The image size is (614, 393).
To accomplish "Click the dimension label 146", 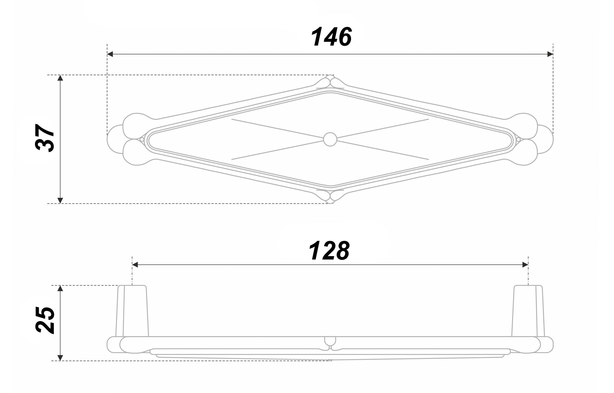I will coord(331,37).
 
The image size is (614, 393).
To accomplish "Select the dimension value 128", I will coord(329,251).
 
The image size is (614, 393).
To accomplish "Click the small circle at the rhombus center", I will coord(330,139).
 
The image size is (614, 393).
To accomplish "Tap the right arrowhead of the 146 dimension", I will coord(550,54).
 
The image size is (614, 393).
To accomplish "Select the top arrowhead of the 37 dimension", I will coord(60,78).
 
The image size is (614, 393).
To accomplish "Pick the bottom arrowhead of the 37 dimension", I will coord(60,200).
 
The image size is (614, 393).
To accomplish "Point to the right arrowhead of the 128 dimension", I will coord(525,265).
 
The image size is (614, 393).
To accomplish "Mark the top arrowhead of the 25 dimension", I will coord(60,288).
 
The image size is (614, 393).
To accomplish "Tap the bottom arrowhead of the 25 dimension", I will coord(60,358).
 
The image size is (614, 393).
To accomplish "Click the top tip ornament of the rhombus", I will coord(330,81).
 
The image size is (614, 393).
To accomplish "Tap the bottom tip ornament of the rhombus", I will coord(330,197).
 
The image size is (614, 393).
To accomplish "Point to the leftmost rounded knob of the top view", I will coord(114,139).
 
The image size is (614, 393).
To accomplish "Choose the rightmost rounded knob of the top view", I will coord(546,139).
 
